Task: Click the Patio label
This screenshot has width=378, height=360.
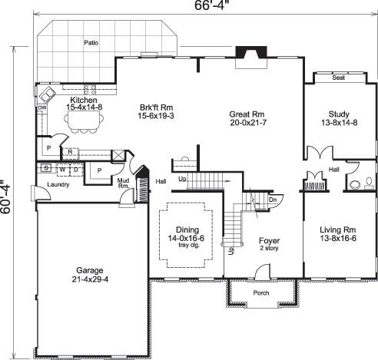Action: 91,43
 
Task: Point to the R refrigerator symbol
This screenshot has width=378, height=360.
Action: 70,152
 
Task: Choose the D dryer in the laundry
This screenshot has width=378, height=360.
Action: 75,168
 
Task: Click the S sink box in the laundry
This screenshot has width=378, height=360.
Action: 46,168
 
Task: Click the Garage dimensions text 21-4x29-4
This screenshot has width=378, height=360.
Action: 89,279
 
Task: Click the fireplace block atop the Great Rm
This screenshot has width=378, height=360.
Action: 251,53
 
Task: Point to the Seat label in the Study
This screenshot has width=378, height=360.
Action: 338,78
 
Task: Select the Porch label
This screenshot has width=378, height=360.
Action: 260,293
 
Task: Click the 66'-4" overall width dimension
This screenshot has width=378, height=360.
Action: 204,7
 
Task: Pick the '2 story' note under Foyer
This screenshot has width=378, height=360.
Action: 267,247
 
